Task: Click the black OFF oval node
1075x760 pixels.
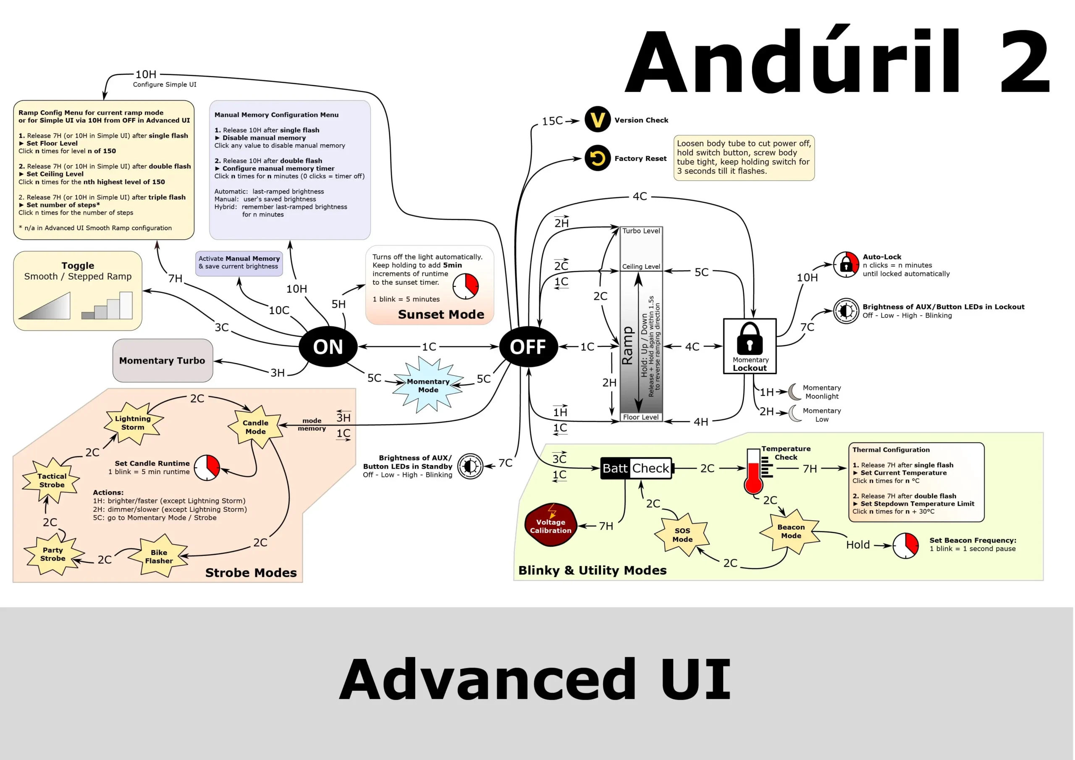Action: [528, 346]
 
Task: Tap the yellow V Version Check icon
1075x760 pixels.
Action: [598, 119]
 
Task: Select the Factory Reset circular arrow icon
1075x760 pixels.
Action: [598, 158]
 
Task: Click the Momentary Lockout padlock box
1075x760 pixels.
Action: [750, 346]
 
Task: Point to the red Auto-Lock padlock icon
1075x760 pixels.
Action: [846, 265]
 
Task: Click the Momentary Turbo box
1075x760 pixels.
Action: [163, 361]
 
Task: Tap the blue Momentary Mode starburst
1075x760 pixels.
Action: [428, 385]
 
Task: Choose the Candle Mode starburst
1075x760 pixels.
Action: [256, 427]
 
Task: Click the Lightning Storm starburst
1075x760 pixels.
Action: [133, 423]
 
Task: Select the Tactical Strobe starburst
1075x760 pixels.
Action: [52, 480]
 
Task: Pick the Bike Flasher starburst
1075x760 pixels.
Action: [159, 556]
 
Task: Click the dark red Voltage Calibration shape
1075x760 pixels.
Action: [551, 525]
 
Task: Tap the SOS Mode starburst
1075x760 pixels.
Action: [682, 535]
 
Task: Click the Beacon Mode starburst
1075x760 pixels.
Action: [791, 531]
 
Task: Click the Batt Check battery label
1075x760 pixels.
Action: [636, 468]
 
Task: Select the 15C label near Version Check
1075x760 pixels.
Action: [552, 121]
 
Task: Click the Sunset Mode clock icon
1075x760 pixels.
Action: [465, 286]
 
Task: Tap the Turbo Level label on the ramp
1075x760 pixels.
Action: [641, 231]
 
